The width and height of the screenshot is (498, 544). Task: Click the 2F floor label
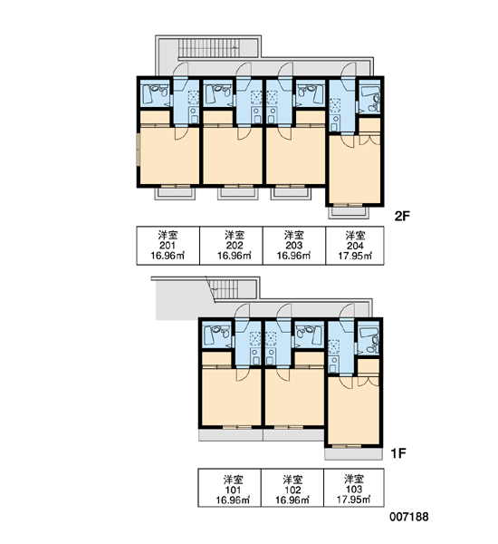tap(402, 216)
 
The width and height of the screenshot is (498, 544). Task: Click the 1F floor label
tap(398, 453)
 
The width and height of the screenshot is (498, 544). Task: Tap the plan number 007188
tap(409, 517)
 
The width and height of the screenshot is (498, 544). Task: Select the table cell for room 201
tap(168, 246)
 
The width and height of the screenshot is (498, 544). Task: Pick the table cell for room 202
tap(231, 246)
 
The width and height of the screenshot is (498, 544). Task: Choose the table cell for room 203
tap(294, 246)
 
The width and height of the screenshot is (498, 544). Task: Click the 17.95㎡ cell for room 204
tap(355, 246)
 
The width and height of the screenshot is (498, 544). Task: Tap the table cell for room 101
tap(229, 488)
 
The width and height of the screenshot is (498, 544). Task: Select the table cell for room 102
tap(292, 488)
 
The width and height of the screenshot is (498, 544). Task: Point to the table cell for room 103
tap(354, 488)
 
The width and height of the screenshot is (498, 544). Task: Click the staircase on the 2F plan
tap(208, 48)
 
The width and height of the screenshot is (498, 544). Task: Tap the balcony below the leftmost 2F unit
tap(175, 194)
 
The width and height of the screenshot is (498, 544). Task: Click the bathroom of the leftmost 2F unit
tap(155, 93)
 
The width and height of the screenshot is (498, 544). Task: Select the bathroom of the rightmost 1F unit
tap(369, 337)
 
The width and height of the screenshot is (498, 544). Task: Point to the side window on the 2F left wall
tap(138, 151)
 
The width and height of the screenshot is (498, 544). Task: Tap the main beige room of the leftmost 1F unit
tap(231, 397)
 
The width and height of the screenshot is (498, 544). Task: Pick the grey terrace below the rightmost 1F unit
tap(353, 454)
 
